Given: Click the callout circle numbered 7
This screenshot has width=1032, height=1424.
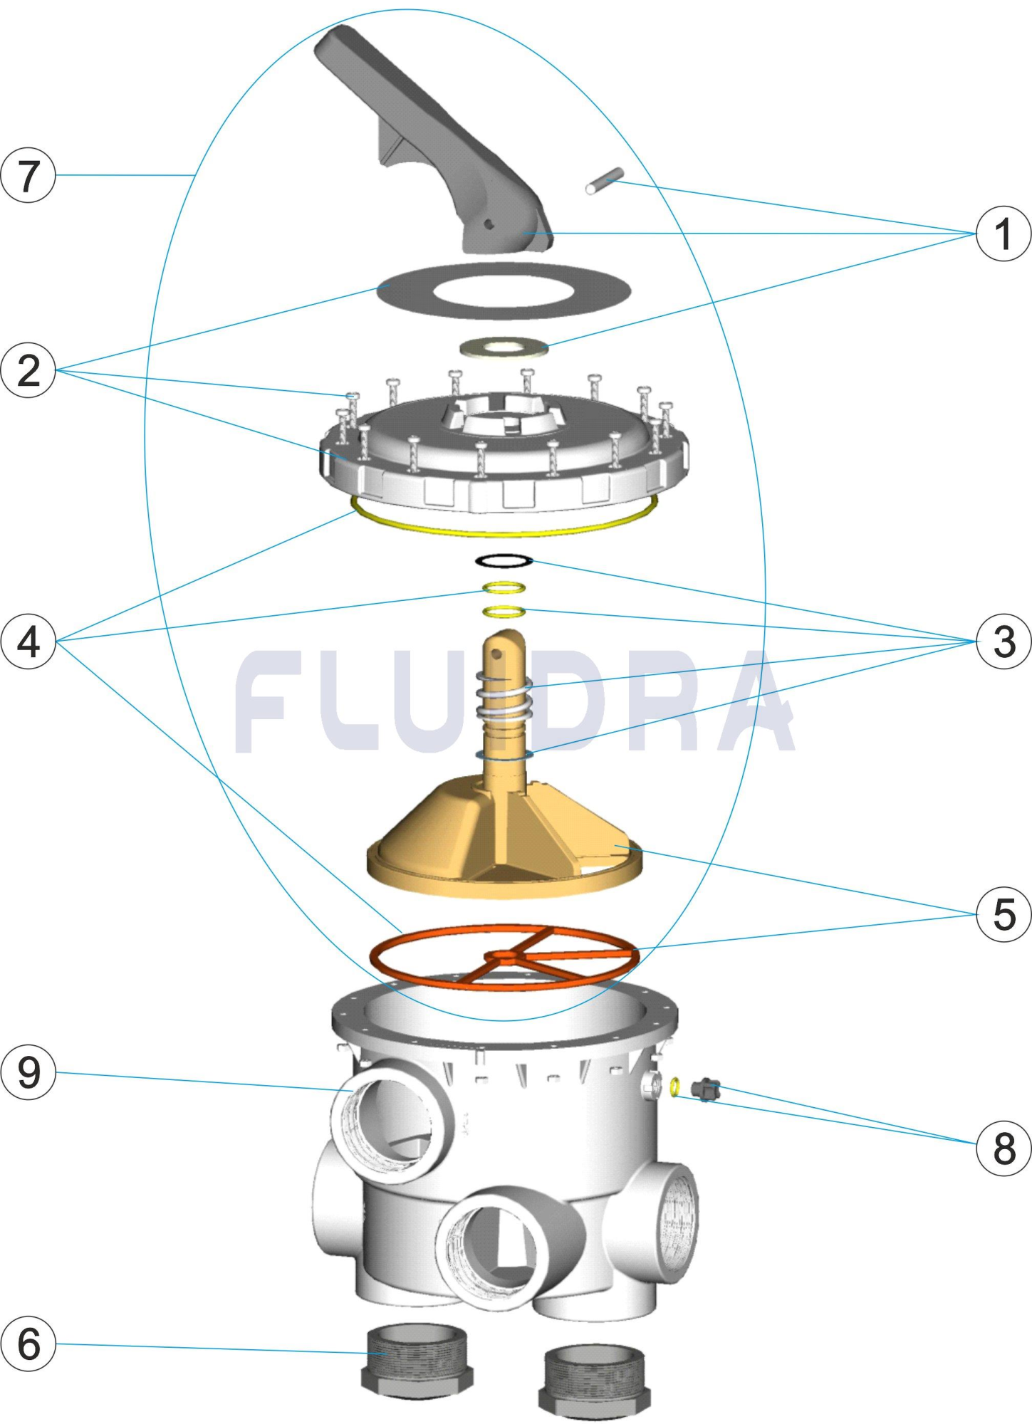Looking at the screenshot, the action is (28, 175).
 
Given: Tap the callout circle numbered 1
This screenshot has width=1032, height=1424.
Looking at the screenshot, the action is (1004, 234).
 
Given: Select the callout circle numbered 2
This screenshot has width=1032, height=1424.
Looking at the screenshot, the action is (28, 370).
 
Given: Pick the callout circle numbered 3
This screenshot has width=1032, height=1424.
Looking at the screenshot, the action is (1004, 642).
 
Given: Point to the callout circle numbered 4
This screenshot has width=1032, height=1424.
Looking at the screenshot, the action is (28, 642).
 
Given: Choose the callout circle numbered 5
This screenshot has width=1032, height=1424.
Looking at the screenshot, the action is (1004, 914).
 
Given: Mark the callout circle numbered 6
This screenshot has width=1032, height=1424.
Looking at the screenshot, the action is (28, 1344).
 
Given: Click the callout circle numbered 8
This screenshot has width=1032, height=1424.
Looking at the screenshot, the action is (1004, 1148).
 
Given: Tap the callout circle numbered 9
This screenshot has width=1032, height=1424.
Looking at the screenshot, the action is (28, 1072).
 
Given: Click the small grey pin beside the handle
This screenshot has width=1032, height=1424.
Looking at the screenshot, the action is (605, 180).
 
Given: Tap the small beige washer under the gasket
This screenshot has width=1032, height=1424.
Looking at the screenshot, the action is (504, 347).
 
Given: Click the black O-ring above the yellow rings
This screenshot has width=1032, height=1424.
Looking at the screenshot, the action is (504, 561).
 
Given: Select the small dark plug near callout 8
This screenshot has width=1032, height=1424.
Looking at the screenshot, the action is (706, 1089).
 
